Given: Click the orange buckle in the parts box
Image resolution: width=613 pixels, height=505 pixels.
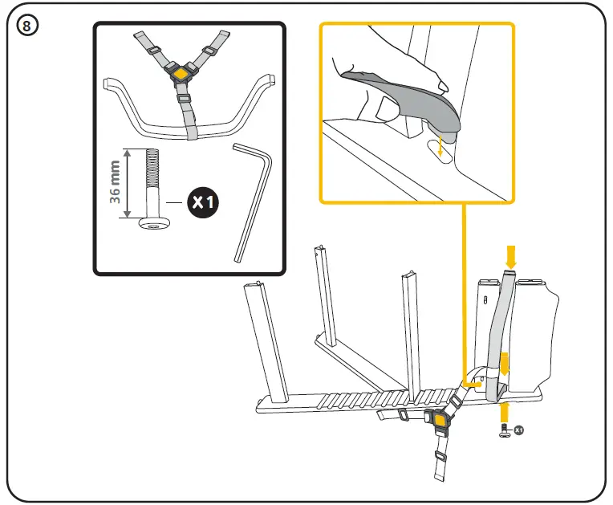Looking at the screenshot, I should click(x=182, y=74).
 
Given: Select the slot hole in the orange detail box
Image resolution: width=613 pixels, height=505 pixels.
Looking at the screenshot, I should click(x=438, y=149).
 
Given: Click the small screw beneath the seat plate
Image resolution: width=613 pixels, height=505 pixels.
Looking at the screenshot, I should click(x=504, y=433).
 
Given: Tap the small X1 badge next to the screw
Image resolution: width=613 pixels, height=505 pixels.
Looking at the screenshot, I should click(x=518, y=431).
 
